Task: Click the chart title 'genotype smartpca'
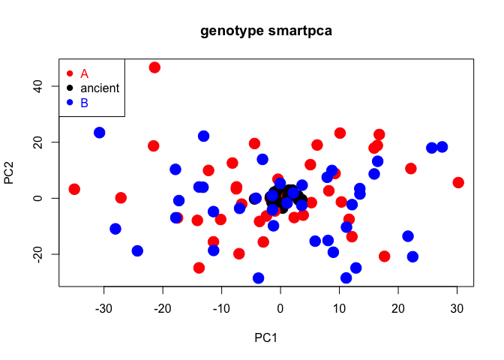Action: click(266, 31)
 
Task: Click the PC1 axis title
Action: click(266, 337)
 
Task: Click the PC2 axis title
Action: click(10, 172)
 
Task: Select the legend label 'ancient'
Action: click(100, 88)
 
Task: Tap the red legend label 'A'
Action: click(85, 73)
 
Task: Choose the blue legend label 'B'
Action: click(85, 103)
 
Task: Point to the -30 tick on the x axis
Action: click(103, 307)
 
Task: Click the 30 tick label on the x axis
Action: click(457, 307)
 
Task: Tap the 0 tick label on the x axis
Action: click(280, 307)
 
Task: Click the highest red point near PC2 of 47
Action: click(154, 67)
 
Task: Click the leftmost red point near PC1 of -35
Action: click(74, 189)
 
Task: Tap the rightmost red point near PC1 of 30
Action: click(458, 182)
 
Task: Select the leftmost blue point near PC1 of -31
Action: click(99, 133)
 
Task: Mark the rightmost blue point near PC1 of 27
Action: click(442, 147)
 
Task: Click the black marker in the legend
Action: click(70, 88)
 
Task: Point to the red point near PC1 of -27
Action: click(121, 198)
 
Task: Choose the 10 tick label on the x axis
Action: click(340, 307)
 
